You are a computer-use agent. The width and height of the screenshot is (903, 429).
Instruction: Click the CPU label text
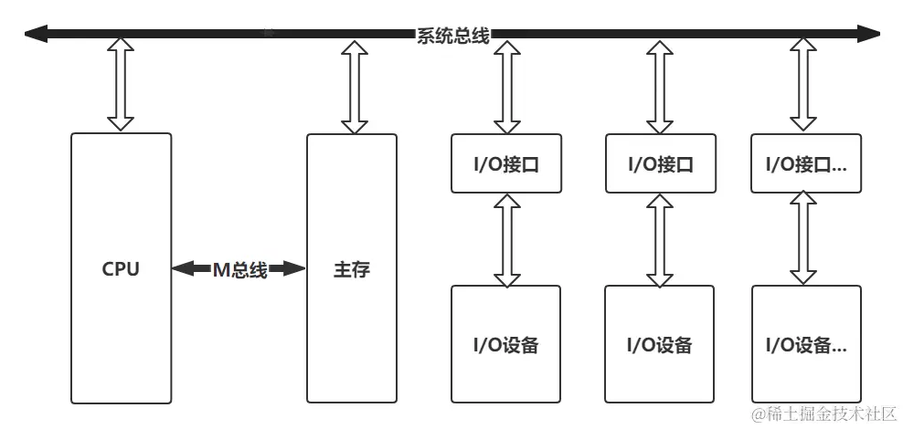[121, 269]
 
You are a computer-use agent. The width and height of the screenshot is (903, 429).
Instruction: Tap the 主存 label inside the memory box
[351, 269]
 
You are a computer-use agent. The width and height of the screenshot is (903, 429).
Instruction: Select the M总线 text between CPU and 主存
[239, 269]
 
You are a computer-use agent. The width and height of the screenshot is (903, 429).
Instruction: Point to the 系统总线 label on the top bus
[452, 36]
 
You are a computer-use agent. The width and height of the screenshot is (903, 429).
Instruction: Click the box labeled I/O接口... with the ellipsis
[805, 164]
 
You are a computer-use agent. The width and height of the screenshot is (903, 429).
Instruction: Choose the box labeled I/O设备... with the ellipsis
[805, 345]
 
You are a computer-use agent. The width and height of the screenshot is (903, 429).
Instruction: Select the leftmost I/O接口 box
[506, 164]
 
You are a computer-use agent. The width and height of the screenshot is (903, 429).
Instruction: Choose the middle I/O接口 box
[660, 164]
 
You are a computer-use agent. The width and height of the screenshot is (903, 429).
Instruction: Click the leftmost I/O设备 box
[506, 344]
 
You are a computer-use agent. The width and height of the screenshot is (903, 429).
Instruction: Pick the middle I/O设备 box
[660, 344]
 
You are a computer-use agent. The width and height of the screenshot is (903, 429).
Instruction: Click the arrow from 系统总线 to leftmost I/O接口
[506, 87]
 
